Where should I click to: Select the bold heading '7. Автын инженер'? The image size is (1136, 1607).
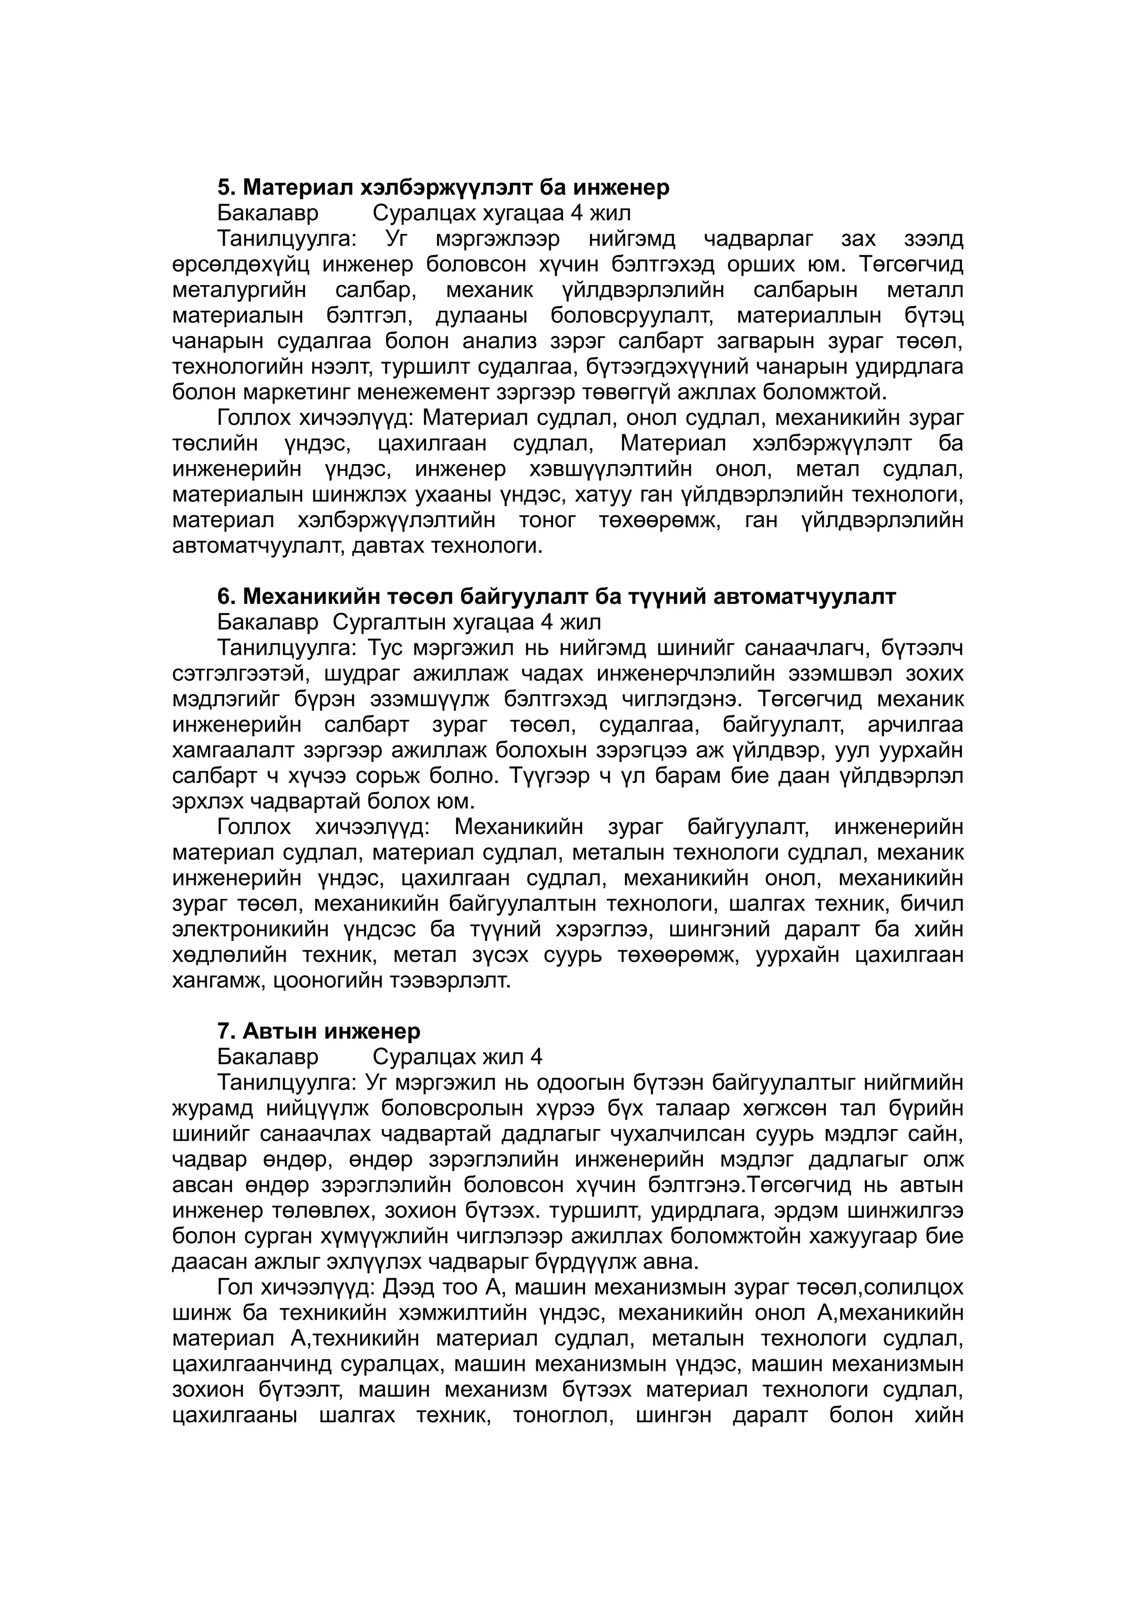(x=318, y=1031)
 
